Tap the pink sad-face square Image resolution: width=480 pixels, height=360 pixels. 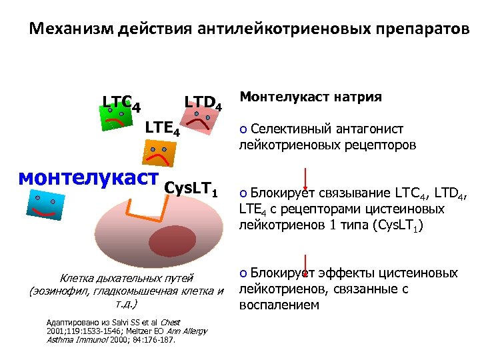(201, 123)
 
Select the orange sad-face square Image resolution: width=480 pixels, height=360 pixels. (159, 152)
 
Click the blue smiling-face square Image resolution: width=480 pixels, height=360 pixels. (46, 205)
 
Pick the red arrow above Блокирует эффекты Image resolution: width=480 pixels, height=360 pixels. (305, 263)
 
